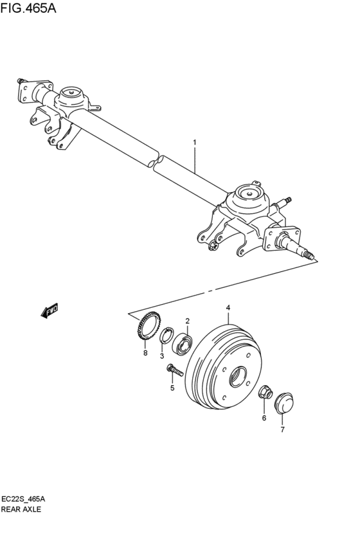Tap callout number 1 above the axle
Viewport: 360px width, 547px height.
tap(194, 142)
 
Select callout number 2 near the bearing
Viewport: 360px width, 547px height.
tap(187, 321)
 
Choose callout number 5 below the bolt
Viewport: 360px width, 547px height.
tap(172, 388)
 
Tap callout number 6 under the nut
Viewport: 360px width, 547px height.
tap(264, 418)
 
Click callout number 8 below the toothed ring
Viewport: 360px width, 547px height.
tap(145, 353)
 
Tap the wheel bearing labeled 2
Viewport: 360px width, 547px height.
tap(183, 343)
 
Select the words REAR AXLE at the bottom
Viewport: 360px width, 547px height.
tap(21, 508)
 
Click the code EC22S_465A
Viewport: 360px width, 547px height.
tap(26, 499)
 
